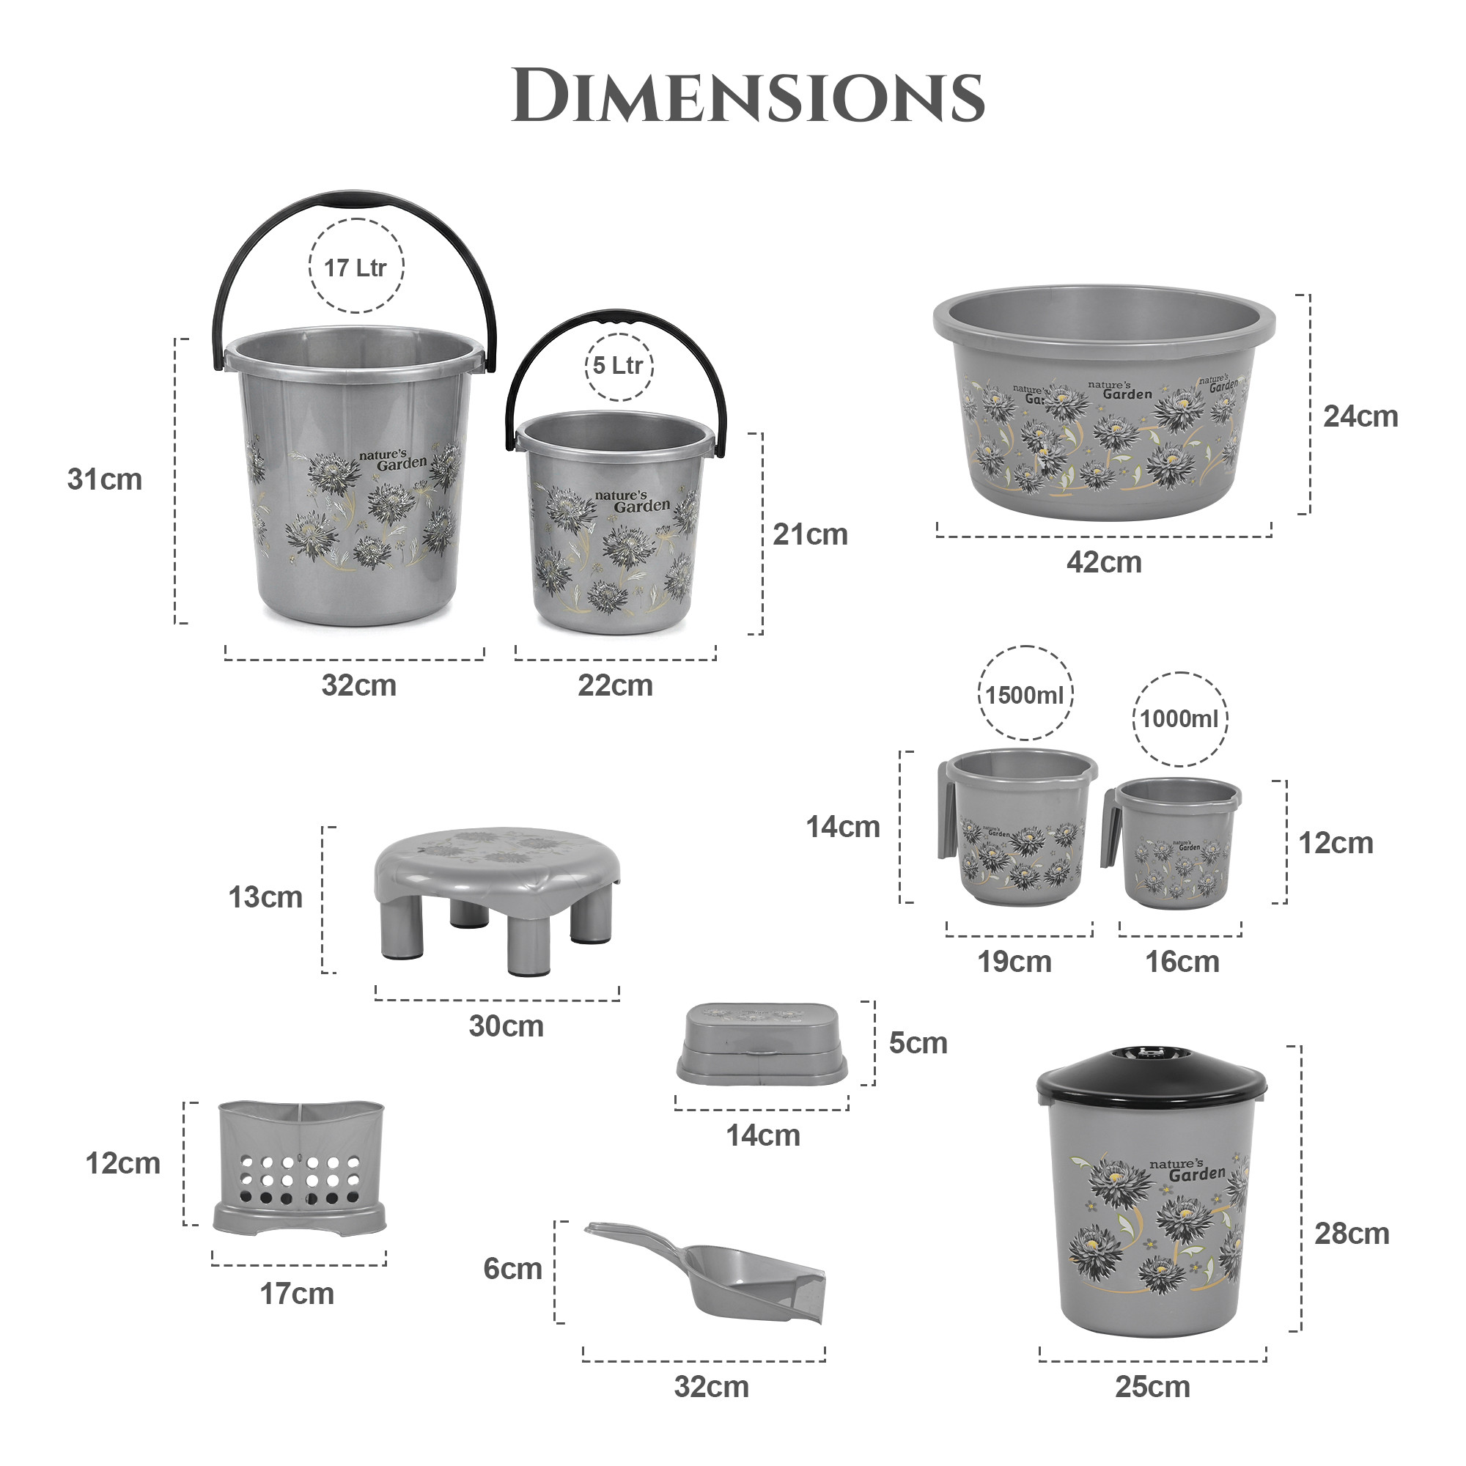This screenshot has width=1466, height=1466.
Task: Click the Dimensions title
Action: click(748, 95)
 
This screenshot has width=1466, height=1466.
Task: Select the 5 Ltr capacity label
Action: click(618, 366)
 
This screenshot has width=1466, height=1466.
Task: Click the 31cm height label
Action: click(105, 479)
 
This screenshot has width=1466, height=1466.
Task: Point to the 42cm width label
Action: click(1103, 563)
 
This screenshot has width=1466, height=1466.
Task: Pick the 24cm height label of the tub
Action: click(1360, 416)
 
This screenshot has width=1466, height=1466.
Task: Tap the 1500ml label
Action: click(1025, 695)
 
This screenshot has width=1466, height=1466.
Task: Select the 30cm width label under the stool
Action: click(506, 1027)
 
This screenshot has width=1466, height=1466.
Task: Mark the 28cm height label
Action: click(1352, 1234)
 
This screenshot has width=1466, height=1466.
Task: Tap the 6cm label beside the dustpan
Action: click(512, 1269)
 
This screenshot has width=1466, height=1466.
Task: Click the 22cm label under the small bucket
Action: click(615, 686)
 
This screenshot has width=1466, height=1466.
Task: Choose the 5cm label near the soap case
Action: click(918, 1043)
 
